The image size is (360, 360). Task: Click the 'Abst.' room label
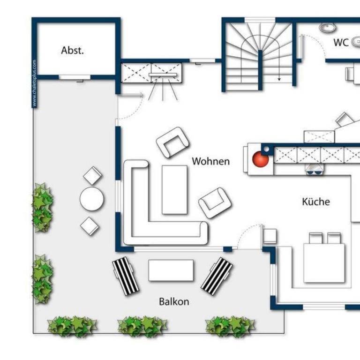tap(72, 50)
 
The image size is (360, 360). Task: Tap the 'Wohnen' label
tap(211, 161)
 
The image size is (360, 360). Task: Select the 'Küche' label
tap(316, 202)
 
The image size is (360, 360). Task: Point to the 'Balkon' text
tap(174, 301)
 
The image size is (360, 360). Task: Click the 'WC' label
tap(341, 43)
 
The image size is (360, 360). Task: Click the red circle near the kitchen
tap(260, 159)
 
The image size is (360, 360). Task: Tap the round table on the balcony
tap(91, 199)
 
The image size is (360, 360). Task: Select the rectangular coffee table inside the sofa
tap(174, 190)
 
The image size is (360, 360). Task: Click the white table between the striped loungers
tap(171, 270)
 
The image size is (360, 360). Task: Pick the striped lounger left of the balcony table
tap(126, 276)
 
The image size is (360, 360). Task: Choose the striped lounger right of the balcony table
tap(217, 276)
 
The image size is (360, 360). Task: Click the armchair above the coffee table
tap(173, 142)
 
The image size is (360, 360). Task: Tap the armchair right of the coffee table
tap(215, 203)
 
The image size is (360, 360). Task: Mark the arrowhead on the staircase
tap(279, 79)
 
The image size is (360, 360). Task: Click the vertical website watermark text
tap(34, 83)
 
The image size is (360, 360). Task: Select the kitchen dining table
tap(324, 263)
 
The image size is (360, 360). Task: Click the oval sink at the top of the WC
tap(328, 27)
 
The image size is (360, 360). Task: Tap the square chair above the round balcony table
tap(93, 176)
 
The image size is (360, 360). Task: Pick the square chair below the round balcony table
tap(90, 226)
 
